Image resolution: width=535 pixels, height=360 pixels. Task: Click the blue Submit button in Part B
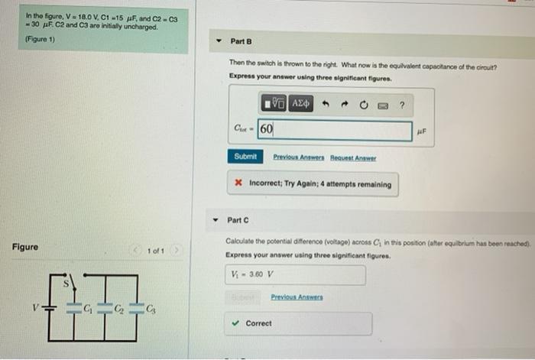click(245, 157)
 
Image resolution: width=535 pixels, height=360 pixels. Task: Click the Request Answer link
click(353, 157)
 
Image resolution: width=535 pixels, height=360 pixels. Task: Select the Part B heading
click(241, 41)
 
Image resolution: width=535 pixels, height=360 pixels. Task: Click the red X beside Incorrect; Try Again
click(238, 184)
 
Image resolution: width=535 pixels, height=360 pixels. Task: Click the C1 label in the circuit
click(89, 310)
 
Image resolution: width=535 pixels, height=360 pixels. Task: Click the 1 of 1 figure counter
click(157, 250)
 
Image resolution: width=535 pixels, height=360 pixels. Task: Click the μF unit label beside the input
click(423, 131)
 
